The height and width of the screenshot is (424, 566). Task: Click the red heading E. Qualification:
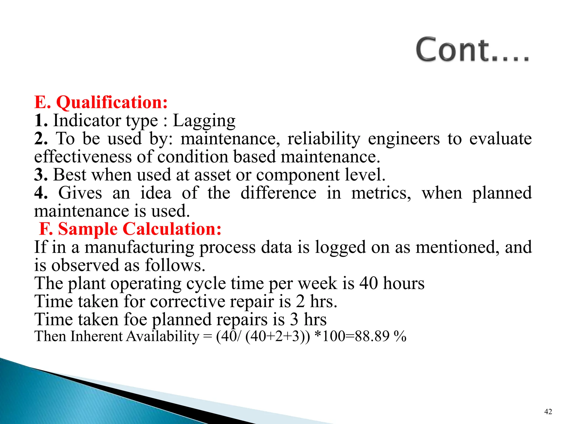(x=101, y=102)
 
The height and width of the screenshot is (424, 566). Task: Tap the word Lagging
(x=204, y=121)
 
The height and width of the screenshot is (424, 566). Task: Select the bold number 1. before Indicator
(x=41, y=121)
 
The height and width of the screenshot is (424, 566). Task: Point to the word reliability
(x=324, y=139)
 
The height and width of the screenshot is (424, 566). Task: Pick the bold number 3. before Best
(x=41, y=175)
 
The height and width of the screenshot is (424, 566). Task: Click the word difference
(x=278, y=193)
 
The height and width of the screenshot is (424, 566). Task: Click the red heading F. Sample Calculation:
(x=130, y=229)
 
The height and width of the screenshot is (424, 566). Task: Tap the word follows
(x=175, y=265)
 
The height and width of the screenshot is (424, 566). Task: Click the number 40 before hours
(x=369, y=283)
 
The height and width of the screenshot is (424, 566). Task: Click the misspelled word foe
(x=135, y=319)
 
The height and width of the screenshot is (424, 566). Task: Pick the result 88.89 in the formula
(x=372, y=336)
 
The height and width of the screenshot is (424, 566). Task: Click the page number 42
(x=548, y=412)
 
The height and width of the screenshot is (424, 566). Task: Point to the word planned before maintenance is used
(x=502, y=193)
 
